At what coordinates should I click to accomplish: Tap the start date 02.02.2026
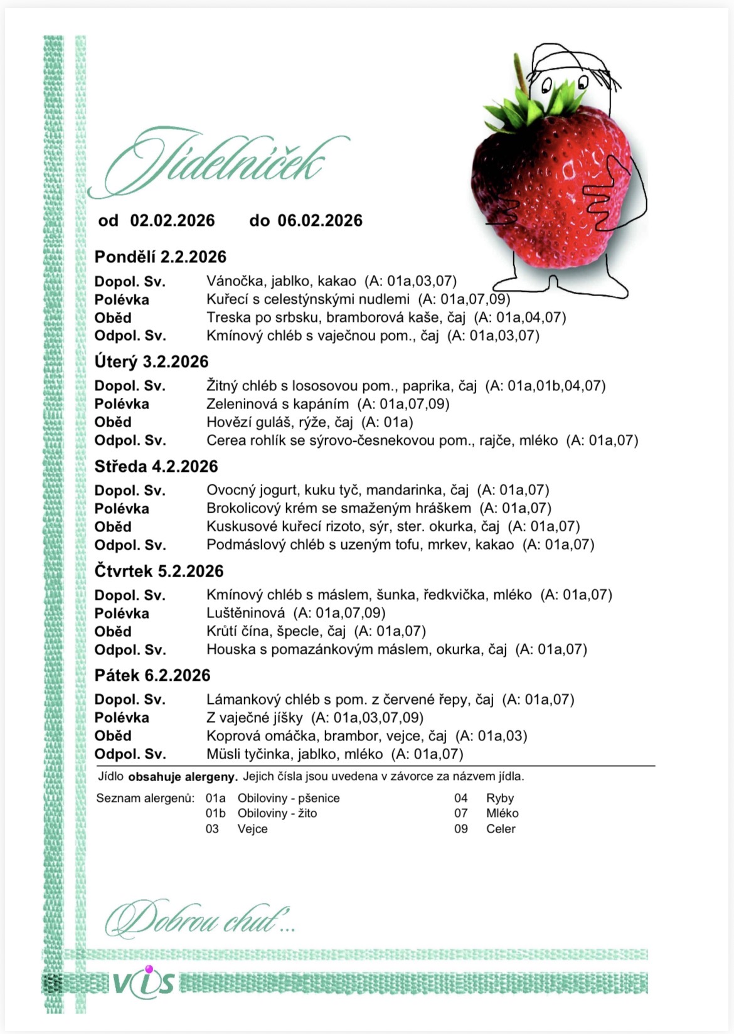[173, 221]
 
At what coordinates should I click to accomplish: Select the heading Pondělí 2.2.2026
[160, 257]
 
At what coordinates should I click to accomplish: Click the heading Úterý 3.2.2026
[151, 361]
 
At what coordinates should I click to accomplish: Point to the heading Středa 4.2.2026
[156, 466]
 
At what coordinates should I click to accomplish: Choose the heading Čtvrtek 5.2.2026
[159, 571]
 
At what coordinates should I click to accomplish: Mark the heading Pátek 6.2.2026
[152, 675]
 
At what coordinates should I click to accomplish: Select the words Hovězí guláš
[248, 422]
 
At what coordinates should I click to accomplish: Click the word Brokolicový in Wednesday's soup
[245, 508]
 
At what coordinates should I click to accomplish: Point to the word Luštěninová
[245, 613]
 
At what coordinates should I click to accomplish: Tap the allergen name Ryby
[500, 798]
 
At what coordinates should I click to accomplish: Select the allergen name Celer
[501, 829]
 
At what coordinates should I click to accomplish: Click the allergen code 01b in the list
[216, 813]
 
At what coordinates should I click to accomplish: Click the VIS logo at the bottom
[144, 981]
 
